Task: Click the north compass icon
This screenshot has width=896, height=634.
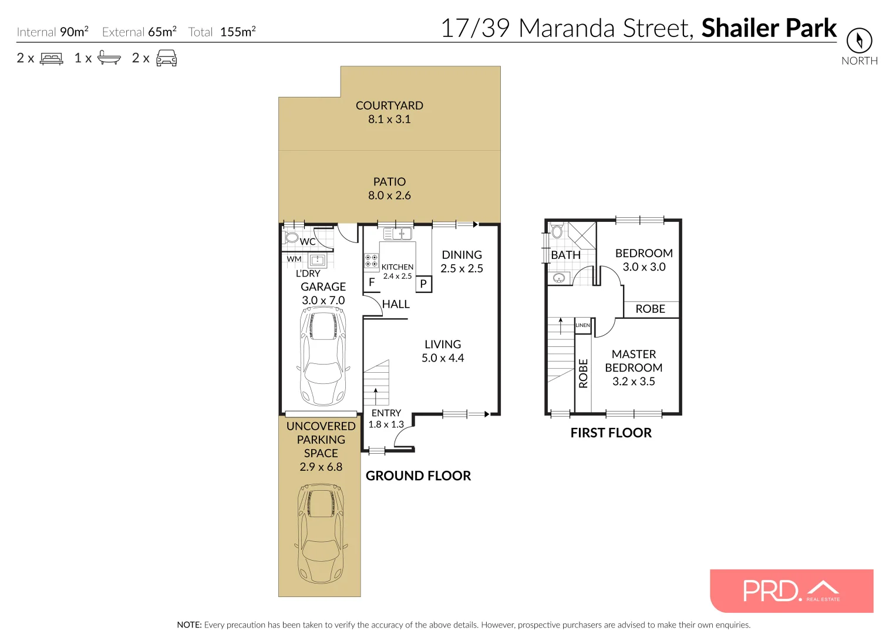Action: (859, 41)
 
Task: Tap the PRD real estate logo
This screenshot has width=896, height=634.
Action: (791, 591)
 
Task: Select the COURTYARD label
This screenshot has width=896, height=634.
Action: (389, 106)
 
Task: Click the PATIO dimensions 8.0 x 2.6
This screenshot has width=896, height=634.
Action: (389, 195)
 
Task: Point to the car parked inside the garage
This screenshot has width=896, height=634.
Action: (323, 356)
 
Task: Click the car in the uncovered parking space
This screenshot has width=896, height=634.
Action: (321, 532)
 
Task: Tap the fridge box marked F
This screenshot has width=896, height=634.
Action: (372, 282)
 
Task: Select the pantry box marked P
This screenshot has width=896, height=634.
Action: (423, 284)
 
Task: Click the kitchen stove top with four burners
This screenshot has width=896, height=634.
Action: (371, 261)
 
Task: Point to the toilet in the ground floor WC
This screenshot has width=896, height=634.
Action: (291, 238)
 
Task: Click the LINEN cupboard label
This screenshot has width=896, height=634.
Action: (582, 325)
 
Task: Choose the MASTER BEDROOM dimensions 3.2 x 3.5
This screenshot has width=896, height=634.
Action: (634, 382)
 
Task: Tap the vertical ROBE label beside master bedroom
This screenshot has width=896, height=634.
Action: (583, 373)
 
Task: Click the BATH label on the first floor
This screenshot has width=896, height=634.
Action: (565, 255)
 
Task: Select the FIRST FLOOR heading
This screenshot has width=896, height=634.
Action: (611, 433)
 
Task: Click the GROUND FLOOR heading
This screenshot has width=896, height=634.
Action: (418, 476)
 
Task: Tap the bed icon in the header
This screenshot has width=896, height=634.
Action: (52, 59)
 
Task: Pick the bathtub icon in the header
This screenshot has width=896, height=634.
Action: (109, 58)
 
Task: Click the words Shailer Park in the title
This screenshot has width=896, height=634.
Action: (769, 28)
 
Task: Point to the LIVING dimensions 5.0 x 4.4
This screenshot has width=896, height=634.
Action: (443, 358)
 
